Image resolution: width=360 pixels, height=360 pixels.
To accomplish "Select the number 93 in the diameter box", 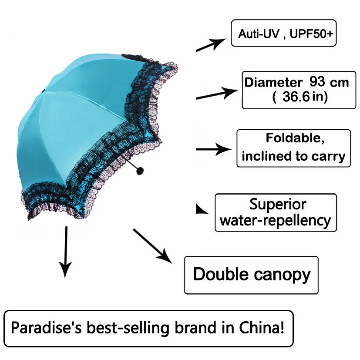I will pos(320,81).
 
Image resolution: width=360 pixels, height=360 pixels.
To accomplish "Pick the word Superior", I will pos(278,204).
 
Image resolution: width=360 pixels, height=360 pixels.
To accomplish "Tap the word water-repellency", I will pos(275,220).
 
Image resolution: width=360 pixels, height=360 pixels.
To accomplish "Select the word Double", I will pos(221,275).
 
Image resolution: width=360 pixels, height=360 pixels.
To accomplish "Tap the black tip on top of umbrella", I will pos(43,91).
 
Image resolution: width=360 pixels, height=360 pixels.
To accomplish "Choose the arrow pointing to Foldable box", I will pos(213,149).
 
